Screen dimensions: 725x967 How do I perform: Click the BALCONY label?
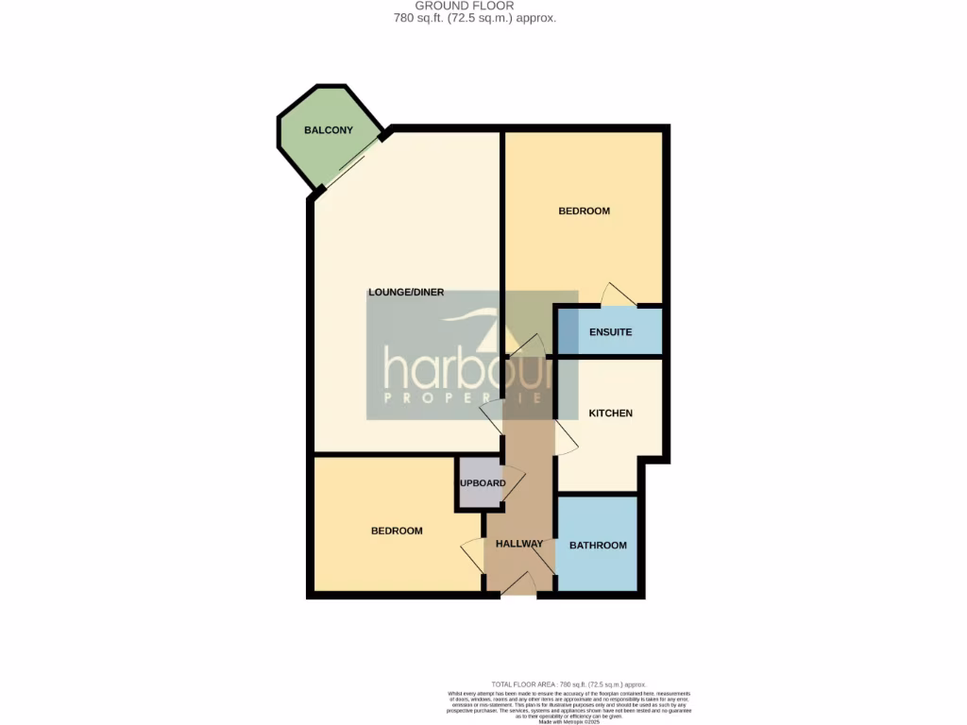click(x=328, y=130)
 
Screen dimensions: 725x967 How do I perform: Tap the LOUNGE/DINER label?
click(x=406, y=293)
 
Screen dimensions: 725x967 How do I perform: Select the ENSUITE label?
click(x=610, y=332)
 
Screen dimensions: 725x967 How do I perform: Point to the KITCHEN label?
click(x=610, y=413)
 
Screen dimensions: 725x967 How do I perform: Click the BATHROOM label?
click(x=598, y=546)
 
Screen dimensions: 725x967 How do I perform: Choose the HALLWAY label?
click(x=519, y=544)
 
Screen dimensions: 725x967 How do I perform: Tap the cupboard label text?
click(x=483, y=483)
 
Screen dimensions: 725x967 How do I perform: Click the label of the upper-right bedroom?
click(x=584, y=211)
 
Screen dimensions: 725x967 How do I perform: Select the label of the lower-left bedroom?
click(x=396, y=531)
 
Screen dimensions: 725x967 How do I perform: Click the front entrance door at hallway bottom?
click(x=518, y=585)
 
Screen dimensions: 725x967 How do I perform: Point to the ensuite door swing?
click(x=618, y=295)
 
